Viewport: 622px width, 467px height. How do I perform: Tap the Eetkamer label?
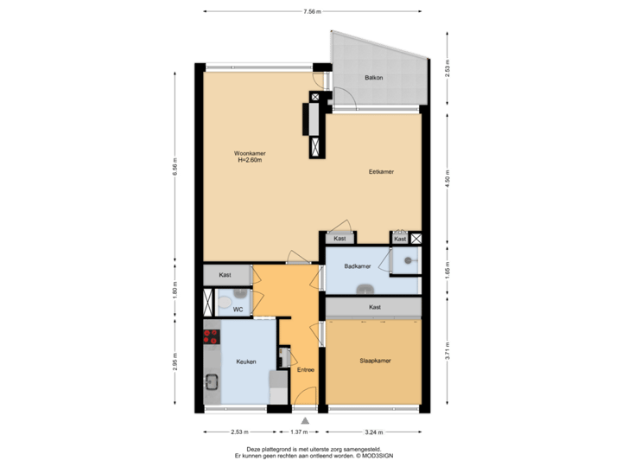click(x=381, y=172)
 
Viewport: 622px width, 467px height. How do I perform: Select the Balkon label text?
click(x=373, y=78)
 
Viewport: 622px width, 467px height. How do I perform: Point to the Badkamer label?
click(x=357, y=266)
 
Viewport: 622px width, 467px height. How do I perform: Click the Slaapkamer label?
click(x=375, y=361)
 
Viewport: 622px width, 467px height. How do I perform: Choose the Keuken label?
click(x=246, y=361)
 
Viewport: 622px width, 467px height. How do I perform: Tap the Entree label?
click(x=305, y=370)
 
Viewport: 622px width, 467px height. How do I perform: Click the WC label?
click(x=237, y=309)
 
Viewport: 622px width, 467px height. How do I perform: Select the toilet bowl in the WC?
click(x=222, y=303)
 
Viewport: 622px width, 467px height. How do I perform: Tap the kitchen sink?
click(x=210, y=380)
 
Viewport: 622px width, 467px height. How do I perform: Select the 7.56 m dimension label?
click(x=312, y=12)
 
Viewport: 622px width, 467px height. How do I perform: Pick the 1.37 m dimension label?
click(x=298, y=432)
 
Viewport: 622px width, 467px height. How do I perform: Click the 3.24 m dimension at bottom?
click(x=374, y=432)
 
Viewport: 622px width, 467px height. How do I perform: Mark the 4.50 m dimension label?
click(x=447, y=179)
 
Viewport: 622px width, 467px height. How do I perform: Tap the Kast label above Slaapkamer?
click(x=375, y=307)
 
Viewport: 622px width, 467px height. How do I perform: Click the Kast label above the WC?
click(x=225, y=274)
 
